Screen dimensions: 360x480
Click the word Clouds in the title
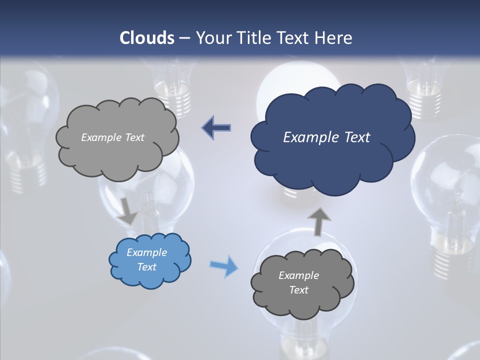[x=146, y=38]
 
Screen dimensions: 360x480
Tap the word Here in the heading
[x=333, y=38]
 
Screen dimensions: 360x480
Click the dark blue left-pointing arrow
[x=216, y=127]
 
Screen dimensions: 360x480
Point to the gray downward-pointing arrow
[x=128, y=211]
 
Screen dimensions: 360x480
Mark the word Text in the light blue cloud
[x=147, y=267]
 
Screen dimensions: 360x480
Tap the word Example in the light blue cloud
[x=147, y=252]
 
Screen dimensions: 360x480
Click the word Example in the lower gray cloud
[x=298, y=275]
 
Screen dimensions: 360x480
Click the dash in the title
[x=184, y=38]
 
